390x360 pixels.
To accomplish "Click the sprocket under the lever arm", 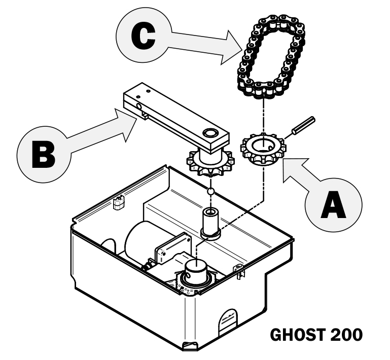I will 209,161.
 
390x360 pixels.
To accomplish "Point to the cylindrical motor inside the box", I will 142,243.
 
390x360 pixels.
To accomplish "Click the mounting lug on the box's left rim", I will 119,201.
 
